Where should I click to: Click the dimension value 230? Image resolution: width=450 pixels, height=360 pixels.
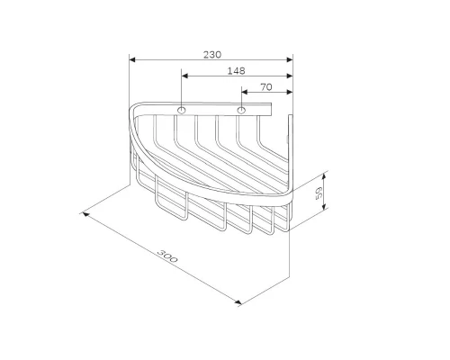[212, 55]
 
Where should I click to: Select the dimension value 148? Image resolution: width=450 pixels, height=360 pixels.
[236, 71]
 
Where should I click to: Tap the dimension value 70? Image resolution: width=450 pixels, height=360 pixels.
[266, 87]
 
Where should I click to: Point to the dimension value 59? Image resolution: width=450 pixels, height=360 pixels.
[319, 193]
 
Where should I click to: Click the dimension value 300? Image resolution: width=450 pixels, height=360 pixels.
[167, 256]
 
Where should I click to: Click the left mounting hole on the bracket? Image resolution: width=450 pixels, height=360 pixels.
[181, 110]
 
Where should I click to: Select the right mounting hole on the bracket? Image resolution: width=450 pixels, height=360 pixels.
[241, 110]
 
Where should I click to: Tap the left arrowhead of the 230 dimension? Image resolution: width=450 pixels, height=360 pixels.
[132, 59]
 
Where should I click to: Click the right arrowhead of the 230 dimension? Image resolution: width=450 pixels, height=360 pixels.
[290, 59]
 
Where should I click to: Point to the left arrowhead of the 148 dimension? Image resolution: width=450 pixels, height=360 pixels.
[184, 76]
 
